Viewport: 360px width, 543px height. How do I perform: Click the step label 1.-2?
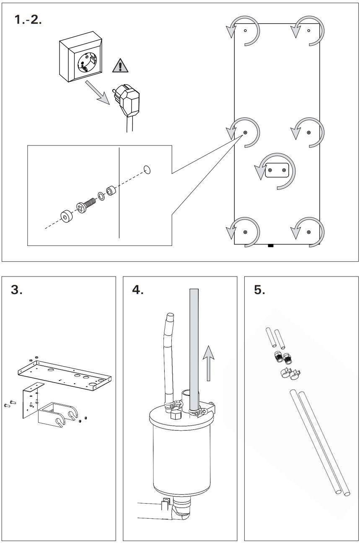pyautogui.click(x=28, y=19)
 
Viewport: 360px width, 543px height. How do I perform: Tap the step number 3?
pyautogui.click(x=16, y=290)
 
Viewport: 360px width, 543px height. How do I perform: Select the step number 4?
pyautogui.click(x=138, y=290)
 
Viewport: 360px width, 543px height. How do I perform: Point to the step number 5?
pyautogui.click(x=259, y=290)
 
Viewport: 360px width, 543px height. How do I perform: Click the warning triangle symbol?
pyautogui.click(x=120, y=66)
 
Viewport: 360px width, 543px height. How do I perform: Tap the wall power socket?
pyautogui.click(x=81, y=57)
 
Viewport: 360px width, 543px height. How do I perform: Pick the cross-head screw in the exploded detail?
pyautogui.click(x=86, y=205)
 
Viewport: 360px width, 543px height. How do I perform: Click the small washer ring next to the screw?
pyautogui.click(x=101, y=196)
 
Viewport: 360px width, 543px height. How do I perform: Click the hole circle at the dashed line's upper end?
pyautogui.click(x=147, y=170)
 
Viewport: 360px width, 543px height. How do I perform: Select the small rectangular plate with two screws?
pyautogui.click(x=277, y=170)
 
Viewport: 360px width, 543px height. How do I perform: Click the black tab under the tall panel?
pyautogui.click(x=271, y=246)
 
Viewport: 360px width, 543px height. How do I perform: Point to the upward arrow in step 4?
pyautogui.click(x=208, y=363)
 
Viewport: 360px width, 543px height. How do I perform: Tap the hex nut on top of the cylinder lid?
pyautogui.click(x=176, y=415)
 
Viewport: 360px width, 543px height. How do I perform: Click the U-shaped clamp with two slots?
pyautogui.click(x=58, y=414)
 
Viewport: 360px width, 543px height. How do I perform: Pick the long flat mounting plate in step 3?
pyautogui.click(x=65, y=375)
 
